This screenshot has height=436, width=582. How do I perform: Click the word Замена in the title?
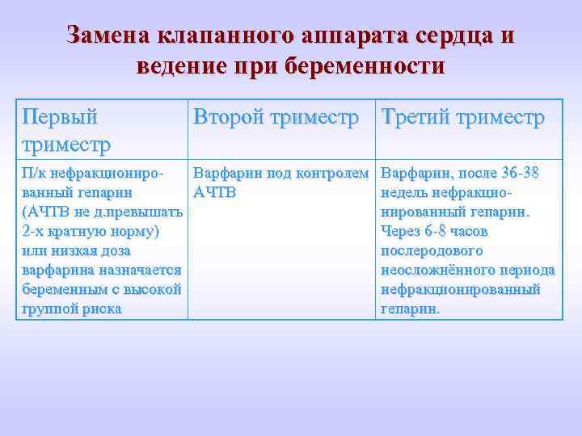click(x=110, y=36)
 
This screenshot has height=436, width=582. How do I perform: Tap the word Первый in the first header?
click(x=60, y=117)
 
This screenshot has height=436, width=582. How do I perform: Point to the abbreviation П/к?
click(x=34, y=174)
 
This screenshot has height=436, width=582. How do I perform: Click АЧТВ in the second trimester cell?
click(x=214, y=193)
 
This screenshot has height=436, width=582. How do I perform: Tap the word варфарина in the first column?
click(x=55, y=270)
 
